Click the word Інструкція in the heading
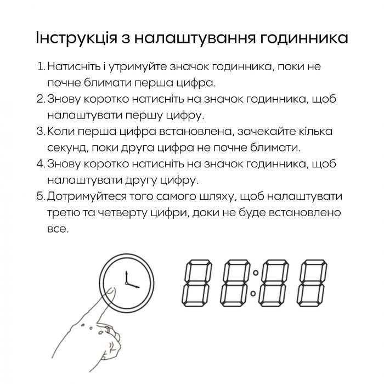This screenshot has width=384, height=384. pos(75,38)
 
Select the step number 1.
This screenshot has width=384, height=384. pos(41,67)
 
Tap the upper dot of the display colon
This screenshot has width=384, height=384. pos(253,272)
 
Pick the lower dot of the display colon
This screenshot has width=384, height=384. pos(253,296)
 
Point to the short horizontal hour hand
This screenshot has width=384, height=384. pos(133,285)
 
